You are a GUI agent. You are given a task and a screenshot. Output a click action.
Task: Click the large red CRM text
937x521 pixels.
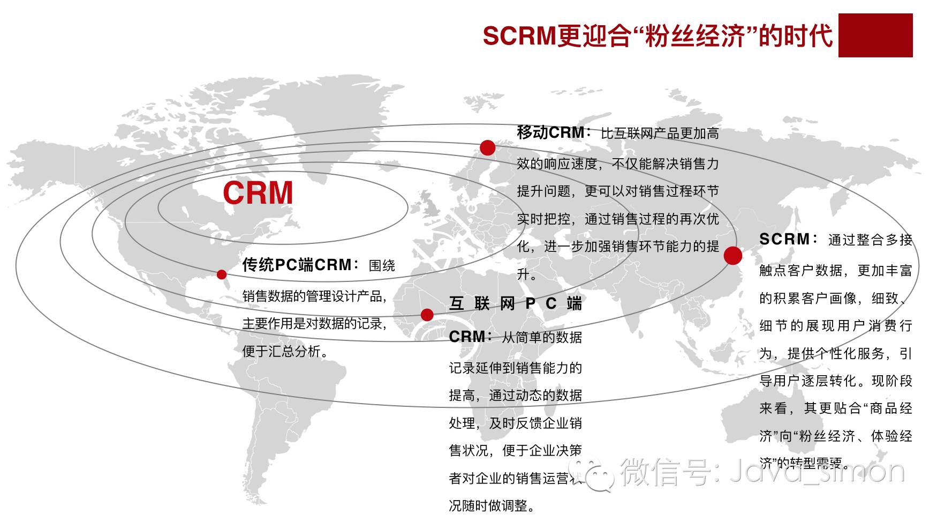pyautogui.click(x=258, y=193)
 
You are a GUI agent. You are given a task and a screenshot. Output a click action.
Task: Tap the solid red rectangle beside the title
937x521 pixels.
pyautogui.click(x=875, y=35)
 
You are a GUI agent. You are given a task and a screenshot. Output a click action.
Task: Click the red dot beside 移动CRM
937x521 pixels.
pyautogui.click(x=487, y=147)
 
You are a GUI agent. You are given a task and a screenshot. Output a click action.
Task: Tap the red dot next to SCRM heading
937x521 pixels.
pyautogui.click(x=732, y=256)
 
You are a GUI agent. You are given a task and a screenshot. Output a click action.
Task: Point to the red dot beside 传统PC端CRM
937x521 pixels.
pyautogui.click(x=222, y=274)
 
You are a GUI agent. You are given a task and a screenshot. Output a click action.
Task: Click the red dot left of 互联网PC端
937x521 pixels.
pyautogui.click(x=427, y=315)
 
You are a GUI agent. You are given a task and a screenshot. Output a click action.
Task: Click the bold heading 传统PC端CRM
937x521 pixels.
pyautogui.click(x=297, y=265)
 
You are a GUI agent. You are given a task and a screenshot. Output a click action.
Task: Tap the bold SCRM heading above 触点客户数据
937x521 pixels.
pyautogui.click(x=785, y=239)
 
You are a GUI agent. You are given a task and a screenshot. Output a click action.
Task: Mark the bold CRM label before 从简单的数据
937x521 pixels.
pyautogui.click(x=467, y=337)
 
